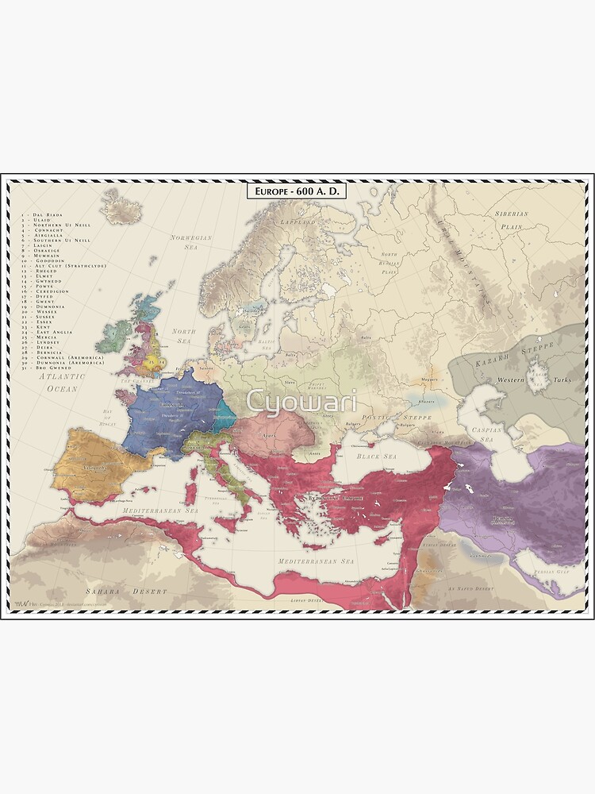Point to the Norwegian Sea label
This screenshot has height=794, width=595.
(191, 241)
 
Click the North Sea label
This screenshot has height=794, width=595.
(184, 335)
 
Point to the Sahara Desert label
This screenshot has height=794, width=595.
(127, 592)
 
